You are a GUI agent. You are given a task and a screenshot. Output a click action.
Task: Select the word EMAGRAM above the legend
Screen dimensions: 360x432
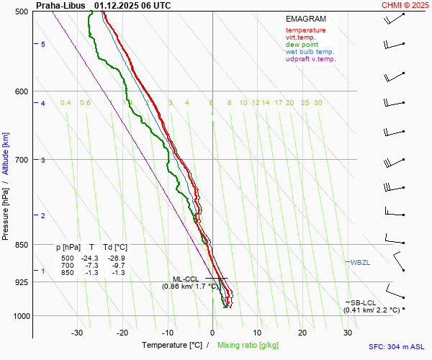pos(305,19)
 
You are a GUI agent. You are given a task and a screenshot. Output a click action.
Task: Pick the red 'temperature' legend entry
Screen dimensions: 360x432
pos(305,30)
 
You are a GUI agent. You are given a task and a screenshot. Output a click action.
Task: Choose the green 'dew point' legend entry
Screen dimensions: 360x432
pos(300,45)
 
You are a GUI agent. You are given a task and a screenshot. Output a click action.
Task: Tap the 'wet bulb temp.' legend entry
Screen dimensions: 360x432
pos(310,52)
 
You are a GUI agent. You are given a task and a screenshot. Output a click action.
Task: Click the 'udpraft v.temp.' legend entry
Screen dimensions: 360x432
pos(310,59)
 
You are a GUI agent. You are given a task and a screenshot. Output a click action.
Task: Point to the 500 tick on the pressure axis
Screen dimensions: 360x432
pos(22,12)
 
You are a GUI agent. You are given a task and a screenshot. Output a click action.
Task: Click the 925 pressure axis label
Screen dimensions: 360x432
pos(22,282)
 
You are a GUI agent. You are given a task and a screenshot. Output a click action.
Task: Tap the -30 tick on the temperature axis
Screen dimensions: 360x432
pos(77,333)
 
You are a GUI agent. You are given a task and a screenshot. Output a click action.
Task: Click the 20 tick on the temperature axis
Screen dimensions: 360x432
pos(302,333)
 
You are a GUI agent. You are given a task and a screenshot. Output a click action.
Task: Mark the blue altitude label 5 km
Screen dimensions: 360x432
pos(42,45)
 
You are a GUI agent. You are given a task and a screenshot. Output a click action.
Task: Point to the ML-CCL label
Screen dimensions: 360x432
pos(184,279)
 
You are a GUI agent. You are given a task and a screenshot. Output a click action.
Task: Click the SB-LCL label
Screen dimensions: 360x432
pos(364,302)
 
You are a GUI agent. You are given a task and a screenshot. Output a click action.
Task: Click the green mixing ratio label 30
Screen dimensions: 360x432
pos(318,103)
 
